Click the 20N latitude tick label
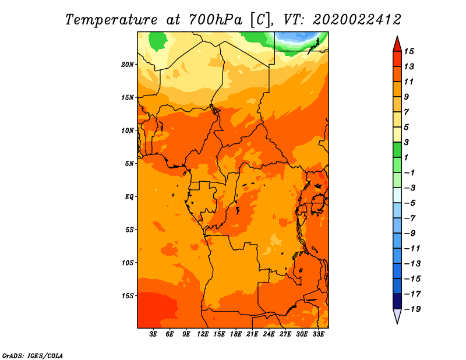point(128,65)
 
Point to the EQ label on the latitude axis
point(129,197)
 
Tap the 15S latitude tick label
point(128,296)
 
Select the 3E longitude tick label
point(153,334)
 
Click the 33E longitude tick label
point(318,334)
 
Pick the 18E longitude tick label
point(236,334)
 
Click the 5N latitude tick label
point(129,164)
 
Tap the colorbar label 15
point(409,51)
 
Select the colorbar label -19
point(412,309)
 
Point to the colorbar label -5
point(410,203)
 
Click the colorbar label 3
point(407,142)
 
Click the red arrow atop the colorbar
point(397,44)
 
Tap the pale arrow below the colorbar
point(397,316)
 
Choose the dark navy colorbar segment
point(397,301)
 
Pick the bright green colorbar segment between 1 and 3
point(397,150)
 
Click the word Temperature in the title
point(111,20)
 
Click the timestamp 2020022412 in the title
point(357,20)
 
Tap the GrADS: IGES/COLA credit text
point(33,356)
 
